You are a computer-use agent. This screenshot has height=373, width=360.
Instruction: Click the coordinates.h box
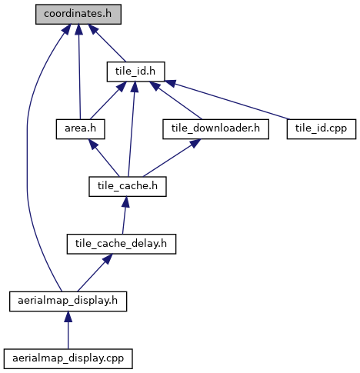click(78, 15)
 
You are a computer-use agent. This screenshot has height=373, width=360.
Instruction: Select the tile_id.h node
click(135, 72)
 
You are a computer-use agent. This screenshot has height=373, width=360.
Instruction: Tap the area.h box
click(81, 129)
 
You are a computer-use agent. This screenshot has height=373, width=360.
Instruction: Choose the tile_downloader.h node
click(215, 129)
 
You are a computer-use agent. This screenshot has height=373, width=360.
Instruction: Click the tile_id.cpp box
click(322, 129)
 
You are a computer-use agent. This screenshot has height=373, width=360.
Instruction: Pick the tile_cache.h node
click(128, 187)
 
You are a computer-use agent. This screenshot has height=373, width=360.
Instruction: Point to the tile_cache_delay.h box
click(122, 244)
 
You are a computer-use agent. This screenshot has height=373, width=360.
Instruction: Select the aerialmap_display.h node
click(68, 301)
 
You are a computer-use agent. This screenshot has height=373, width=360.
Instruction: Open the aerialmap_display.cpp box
click(68, 359)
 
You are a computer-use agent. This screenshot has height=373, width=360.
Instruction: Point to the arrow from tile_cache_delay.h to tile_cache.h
click(125, 215)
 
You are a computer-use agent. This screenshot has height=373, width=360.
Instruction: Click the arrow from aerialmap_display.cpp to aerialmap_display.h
click(68, 330)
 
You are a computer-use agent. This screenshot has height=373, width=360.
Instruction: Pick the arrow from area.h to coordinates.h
click(79, 72)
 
